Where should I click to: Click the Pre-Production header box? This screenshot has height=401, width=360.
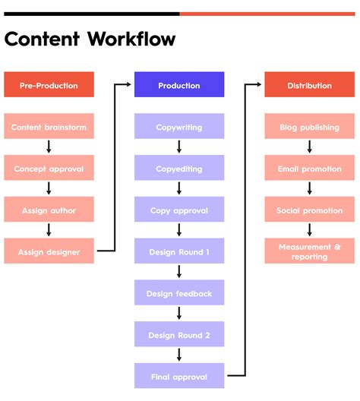[x=49, y=85]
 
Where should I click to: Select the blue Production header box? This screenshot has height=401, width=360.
[x=179, y=85]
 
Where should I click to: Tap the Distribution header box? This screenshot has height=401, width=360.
[x=309, y=85]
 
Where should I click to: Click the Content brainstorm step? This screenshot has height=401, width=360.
[x=49, y=127]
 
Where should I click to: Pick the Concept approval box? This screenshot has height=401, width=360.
[x=49, y=169]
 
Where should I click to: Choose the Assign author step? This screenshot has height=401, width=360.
[x=49, y=210]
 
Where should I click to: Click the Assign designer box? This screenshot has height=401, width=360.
[x=49, y=251]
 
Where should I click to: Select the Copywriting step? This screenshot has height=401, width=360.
[x=179, y=127]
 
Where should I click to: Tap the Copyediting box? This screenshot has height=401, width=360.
[x=179, y=169]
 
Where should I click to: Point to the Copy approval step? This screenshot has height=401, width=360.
[x=179, y=210]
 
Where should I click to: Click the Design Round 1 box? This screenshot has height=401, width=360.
[x=179, y=251]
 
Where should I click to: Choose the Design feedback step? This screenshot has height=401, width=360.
[x=179, y=293]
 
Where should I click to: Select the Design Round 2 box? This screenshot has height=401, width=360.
[x=179, y=335]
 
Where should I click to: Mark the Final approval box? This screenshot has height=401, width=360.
[x=179, y=376]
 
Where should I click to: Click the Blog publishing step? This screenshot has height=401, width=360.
[x=309, y=127]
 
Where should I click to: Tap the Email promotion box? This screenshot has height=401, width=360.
[x=309, y=169]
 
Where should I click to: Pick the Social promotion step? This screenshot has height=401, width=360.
[x=309, y=210]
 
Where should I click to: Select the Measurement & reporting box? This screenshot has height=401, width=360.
[x=309, y=251]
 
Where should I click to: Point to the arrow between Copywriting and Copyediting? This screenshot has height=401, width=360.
[x=179, y=147]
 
